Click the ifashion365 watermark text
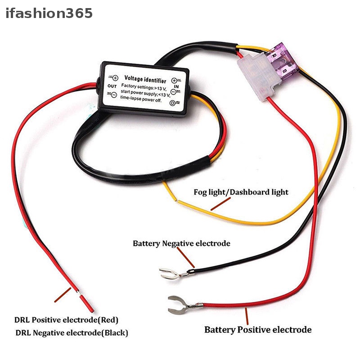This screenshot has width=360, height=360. pyautogui.click(x=49, y=13)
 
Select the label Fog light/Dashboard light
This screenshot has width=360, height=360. pyautogui.click(x=241, y=192)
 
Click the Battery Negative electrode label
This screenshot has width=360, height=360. pyautogui.click(x=181, y=243)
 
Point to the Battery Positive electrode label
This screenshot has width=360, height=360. pyautogui.click(x=258, y=330)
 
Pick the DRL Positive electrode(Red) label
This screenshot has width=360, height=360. pyautogui.click(x=66, y=320)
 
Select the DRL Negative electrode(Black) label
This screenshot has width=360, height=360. pyautogui.click(x=72, y=333)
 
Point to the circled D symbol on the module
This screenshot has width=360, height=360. pyautogui.click(x=172, y=103)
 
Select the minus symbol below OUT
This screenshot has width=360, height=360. pyautogui.click(x=113, y=94)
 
